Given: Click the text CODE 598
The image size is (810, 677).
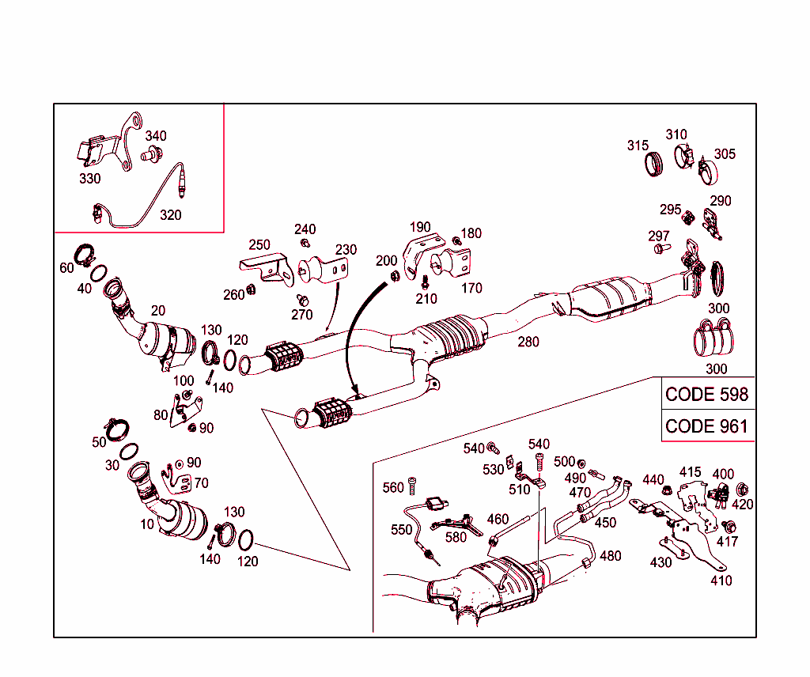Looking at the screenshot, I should point(706,394).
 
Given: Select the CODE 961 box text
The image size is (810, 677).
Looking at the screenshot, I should point(706,425).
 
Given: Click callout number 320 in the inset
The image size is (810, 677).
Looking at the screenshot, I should point(170,214).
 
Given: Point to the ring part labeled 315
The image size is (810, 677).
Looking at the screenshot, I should point(653,165).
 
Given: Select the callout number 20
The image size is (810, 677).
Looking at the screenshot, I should point(158,310).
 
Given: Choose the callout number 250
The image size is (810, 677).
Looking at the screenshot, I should point(259,245).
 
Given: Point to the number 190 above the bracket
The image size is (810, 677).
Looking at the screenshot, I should point(420,227).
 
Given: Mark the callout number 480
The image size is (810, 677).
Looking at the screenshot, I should point(610,555).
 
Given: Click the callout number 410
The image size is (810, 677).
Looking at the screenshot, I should point(721,580).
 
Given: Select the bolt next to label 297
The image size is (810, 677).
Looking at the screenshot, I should point(659,248).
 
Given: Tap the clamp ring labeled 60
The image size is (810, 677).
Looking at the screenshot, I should point(85,255).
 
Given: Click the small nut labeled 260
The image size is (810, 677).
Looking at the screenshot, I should point(252,289).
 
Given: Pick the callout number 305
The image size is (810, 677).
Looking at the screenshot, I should point(725,153).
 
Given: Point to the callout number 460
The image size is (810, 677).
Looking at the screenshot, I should point(498,520).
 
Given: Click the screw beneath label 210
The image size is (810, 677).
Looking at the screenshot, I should point(425,281).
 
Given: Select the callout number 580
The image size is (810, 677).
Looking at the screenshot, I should point(456,538).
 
